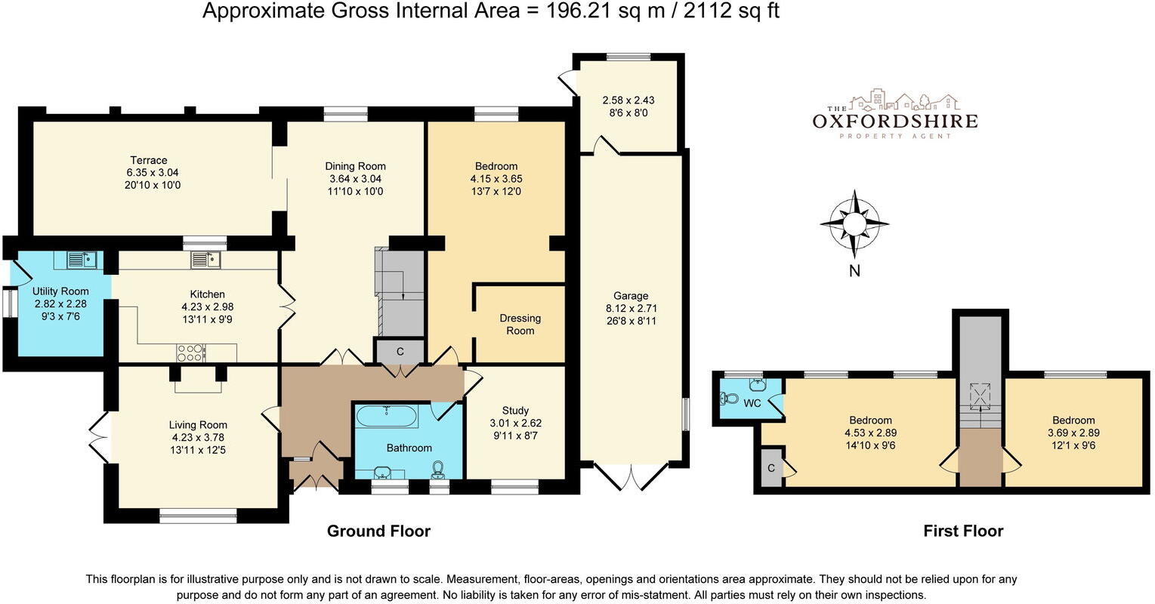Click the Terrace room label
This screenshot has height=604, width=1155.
(x=149, y=160)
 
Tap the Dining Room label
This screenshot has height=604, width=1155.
(x=355, y=166)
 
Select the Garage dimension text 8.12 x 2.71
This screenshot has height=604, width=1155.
(x=631, y=308)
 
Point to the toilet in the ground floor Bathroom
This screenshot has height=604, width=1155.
(x=439, y=469)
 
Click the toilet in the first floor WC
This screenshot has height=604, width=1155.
(x=729, y=399)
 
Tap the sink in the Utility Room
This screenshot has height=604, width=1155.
(x=82, y=259)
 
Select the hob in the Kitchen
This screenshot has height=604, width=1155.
(x=191, y=353)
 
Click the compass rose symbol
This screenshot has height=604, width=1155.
(x=854, y=224)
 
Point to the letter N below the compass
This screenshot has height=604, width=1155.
(x=854, y=271)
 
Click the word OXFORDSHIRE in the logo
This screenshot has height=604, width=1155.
(x=895, y=122)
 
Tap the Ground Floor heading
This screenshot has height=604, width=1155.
(x=378, y=531)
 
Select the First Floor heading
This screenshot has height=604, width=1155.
(x=963, y=531)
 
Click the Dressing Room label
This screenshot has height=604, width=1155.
(x=520, y=325)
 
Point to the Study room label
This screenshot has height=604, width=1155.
(x=515, y=411)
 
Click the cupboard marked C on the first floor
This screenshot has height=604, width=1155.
(x=771, y=468)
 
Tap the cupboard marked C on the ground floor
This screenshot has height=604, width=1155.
(x=400, y=352)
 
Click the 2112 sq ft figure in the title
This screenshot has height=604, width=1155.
(x=731, y=11)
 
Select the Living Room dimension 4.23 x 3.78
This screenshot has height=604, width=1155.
(x=198, y=438)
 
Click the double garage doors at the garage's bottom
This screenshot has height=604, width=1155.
(x=631, y=476)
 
